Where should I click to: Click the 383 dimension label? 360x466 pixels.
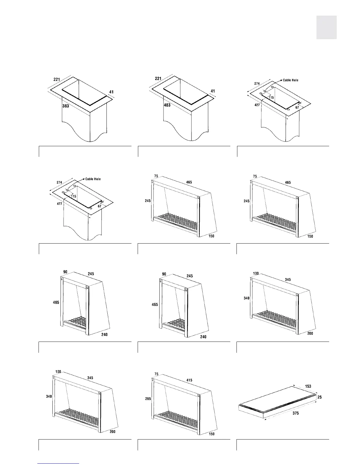pos(66,106)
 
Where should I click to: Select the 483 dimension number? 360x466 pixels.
pos(167,105)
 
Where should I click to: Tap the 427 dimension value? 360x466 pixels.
pos(257,105)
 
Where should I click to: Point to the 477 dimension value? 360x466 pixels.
pos(59,204)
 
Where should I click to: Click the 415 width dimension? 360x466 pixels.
pos(189,380)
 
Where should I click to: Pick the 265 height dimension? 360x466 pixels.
pos(148,399)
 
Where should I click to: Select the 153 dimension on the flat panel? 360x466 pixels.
pos(308,386)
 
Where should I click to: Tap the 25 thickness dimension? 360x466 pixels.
pos(319,397)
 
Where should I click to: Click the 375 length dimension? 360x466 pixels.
pos(296,413)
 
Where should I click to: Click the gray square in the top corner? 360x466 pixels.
pos(326,27)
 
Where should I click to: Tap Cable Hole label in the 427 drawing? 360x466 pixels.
pos(291,80)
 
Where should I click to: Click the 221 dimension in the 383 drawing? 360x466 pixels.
pos(57,79)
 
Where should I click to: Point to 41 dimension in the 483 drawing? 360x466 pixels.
pos(213,91)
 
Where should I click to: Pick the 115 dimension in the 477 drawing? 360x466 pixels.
pos(74,196)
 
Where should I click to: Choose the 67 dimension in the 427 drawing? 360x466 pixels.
pos(297,108)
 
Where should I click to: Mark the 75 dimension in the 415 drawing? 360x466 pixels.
pos(156,374)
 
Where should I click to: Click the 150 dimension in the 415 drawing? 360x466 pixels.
pos(211,434)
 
